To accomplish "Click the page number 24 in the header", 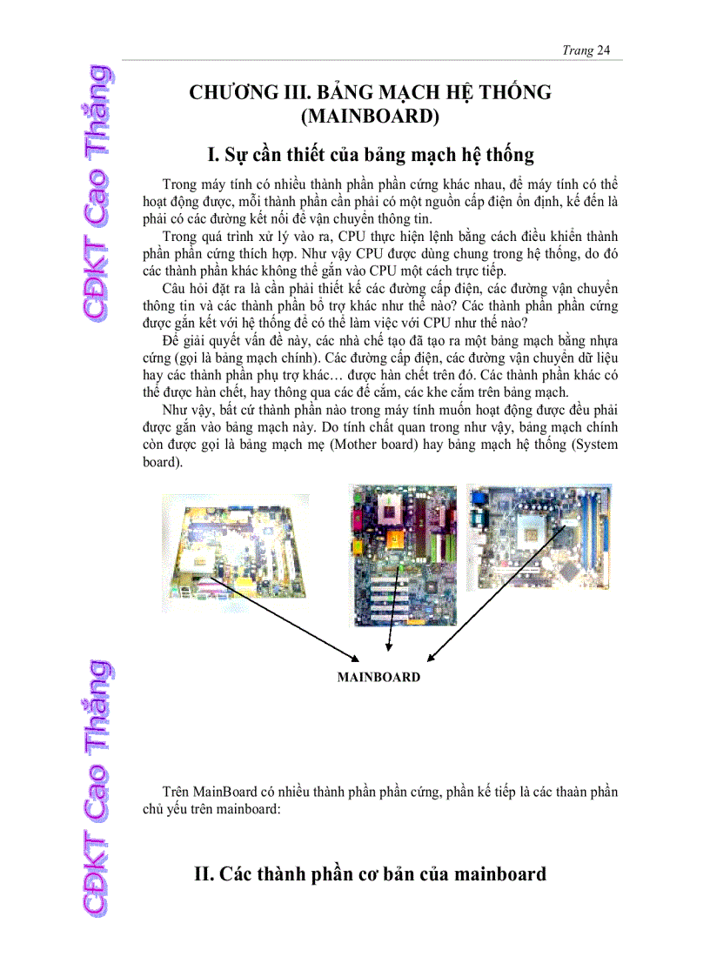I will pos(604,50).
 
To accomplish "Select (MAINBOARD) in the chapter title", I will pos(368,117).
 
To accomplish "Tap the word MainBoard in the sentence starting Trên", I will pos(224,793).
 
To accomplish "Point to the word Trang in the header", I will pos(578,50).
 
